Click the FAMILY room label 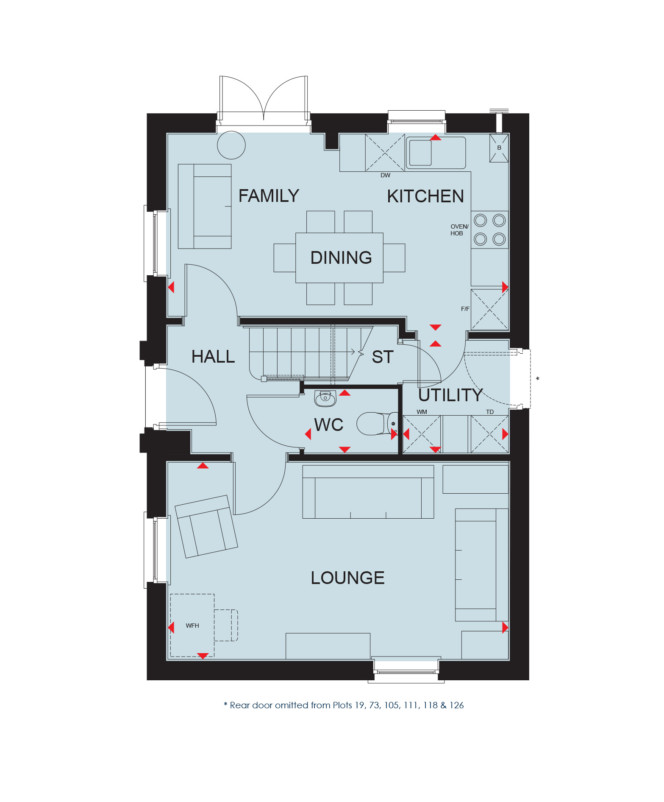click(x=269, y=196)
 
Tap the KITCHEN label click(x=425, y=196)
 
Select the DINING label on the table click(x=341, y=258)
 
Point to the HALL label click(x=213, y=357)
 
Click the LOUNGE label click(x=348, y=578)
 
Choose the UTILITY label click(x=450, y=395)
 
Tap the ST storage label click(x=383, y=357)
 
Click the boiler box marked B click(x=499, y=148)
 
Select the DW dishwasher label click(x=385, y=175)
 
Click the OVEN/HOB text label click(x=459, y=230)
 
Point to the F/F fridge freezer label click(x=465, y=309)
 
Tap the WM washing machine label click(x=422, y=412)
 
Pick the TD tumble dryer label click(x=490, y=412)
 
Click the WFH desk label click(x=192, y=626)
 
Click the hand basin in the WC click(x=325, y=398)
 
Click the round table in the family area click(x=231, y=145)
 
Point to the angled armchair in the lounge click(x=206, y=526)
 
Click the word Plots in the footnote click(x=342, y=705)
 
